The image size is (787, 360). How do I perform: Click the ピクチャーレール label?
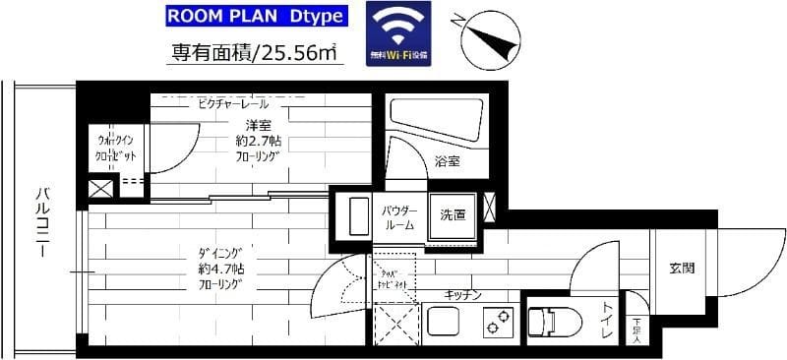coord(233,103)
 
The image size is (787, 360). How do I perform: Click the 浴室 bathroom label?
coord(448,161)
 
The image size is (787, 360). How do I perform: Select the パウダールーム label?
coord(397,218)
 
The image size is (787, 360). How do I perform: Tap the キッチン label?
coord(461,294)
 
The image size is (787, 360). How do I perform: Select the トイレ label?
coord(607,322)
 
